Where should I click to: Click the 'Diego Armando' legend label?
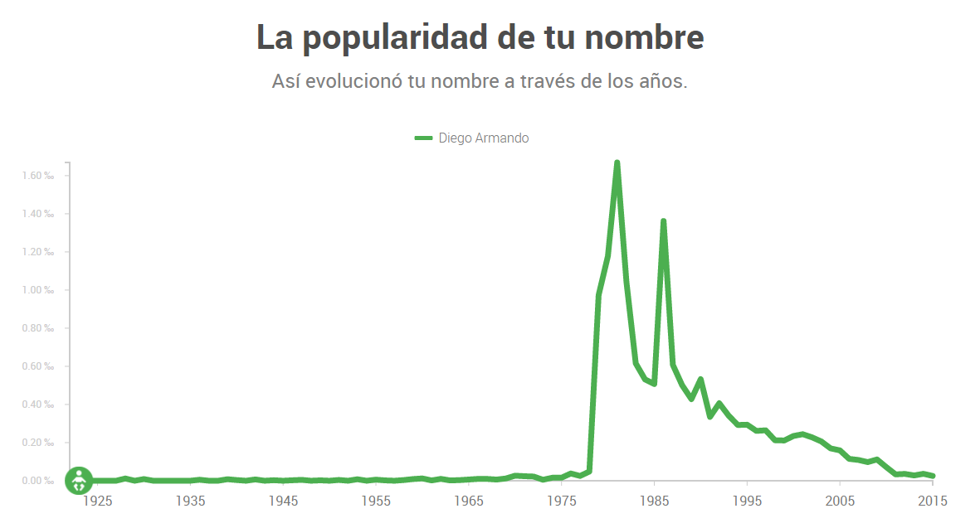[484, 138]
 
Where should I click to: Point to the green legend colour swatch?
[423, 138]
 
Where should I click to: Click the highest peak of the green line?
[617, 162]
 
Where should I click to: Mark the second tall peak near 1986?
[663, 221]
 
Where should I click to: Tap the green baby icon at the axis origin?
[79, 480]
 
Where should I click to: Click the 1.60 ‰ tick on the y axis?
[38, 176]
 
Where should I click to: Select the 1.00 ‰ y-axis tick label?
[38, 290]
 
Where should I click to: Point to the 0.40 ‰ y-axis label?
[38, 404]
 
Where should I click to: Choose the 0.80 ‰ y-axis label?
[38, 328]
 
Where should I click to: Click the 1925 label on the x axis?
[97, 501]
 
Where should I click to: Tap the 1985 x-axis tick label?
[655, 501]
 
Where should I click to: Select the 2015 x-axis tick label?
[933, 501]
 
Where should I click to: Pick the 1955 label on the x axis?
[376, 501]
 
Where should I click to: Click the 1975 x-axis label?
[562, 501]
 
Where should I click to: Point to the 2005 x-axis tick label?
[840, 501]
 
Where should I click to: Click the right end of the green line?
[934, 476]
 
